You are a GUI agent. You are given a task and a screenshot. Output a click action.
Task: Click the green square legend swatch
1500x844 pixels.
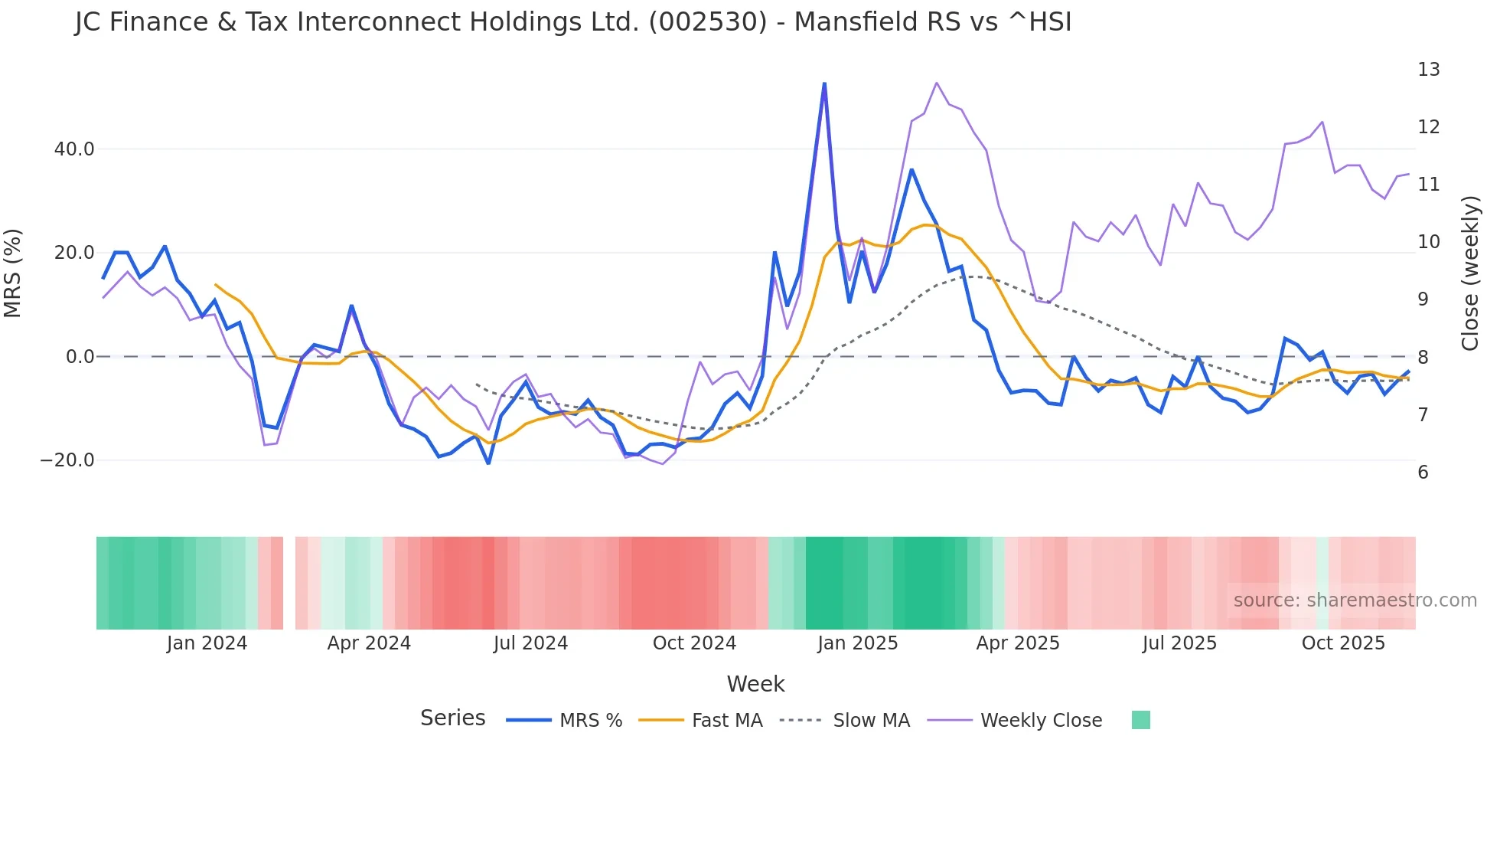[1140, 720]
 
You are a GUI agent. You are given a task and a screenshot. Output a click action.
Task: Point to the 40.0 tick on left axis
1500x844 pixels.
[74, 149]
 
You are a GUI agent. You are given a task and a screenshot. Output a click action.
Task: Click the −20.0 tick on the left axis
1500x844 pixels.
[67, 460]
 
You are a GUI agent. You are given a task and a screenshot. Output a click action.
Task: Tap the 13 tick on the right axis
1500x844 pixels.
[1428, 70]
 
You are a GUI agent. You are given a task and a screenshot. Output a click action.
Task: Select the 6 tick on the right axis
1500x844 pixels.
[1423, 473]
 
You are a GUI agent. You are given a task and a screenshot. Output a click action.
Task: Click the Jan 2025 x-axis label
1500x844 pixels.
[857, 643]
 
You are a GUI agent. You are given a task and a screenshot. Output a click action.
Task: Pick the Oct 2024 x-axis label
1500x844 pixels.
[694, 643]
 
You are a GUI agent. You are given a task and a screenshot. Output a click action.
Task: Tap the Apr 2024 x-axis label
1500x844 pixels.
[369, 643]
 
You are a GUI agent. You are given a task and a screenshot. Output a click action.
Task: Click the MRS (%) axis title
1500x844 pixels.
[13, 273]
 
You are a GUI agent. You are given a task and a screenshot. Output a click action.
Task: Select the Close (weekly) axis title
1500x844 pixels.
[1469, 273]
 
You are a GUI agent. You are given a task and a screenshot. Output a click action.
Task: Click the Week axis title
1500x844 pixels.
[755, 684]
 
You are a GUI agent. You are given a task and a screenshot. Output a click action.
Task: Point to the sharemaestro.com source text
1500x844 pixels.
[1355, 600]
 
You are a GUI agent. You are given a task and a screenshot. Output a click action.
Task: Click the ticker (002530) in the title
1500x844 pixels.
[707, 22]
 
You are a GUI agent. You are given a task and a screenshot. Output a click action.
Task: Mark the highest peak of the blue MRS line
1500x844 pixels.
[824, 83]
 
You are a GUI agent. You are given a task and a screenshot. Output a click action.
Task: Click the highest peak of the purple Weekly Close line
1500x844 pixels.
[937, 83]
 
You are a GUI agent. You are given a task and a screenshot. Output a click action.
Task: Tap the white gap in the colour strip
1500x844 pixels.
[289, 583]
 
